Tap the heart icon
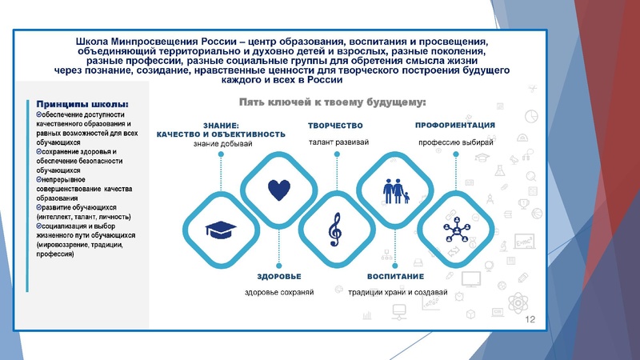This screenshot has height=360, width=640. point(278,190)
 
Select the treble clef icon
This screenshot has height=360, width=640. point(334,230)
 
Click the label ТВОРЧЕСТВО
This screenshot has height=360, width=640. point(335,126)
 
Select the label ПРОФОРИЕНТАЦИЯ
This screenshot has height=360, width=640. point(454,126)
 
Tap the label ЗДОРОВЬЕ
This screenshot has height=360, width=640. point(278,276)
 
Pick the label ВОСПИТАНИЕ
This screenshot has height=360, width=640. point(395,276)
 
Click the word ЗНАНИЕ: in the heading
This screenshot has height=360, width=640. point(221,126)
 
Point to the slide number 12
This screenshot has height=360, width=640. point(529,319)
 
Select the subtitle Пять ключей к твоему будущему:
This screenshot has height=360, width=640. point(332,102)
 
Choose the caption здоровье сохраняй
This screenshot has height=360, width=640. point(278,292)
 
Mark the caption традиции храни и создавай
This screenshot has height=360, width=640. point(398,292)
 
